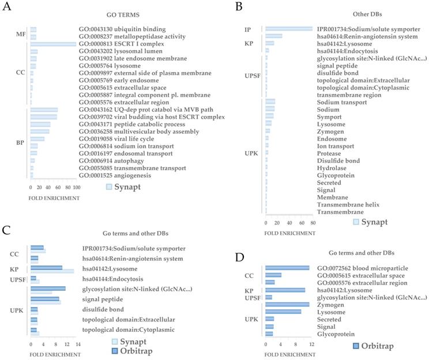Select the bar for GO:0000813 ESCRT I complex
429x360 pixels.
(53, 44)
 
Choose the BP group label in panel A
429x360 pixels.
(20, 142)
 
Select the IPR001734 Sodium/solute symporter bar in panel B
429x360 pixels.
(288, 28)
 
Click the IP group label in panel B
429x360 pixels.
(248, 28)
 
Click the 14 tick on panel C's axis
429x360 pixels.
(77, 343)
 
